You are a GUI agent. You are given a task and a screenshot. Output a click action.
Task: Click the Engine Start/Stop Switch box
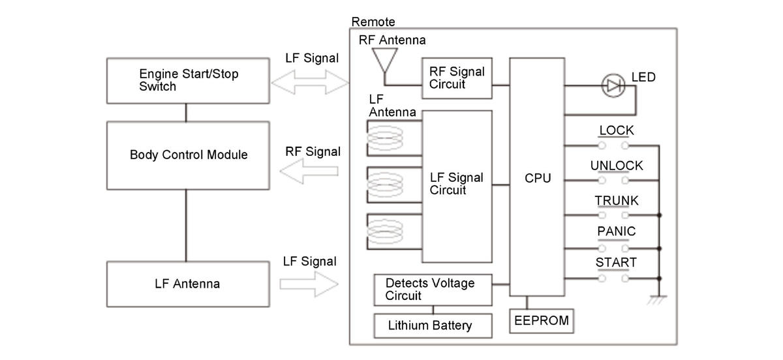point(187,81)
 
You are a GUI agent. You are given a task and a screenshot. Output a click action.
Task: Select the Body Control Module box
point(188,155)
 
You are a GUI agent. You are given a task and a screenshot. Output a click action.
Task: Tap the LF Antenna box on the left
point(188,284)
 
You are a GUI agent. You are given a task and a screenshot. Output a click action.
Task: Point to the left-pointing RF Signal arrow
point(309,172)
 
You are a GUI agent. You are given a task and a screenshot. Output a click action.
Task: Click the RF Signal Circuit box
point(457,79)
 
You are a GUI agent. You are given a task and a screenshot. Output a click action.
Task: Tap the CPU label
point(538,178)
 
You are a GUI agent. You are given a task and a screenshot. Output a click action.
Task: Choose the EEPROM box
point(542,321)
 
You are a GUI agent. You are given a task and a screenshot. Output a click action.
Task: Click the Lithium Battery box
point(433,325)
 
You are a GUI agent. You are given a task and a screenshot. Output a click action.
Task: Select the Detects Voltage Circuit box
point(433,290)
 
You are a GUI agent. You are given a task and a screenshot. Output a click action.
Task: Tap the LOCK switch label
point(616,130)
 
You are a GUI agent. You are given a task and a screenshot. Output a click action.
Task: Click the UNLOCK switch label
point(616,166)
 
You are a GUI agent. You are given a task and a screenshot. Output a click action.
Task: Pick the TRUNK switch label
point(616,201)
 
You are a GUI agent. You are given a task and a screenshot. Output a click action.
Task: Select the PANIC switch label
point(616,232)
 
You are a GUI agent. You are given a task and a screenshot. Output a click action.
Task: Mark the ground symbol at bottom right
point(659,300)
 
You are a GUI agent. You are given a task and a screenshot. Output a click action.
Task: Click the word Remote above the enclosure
point(373,22)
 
